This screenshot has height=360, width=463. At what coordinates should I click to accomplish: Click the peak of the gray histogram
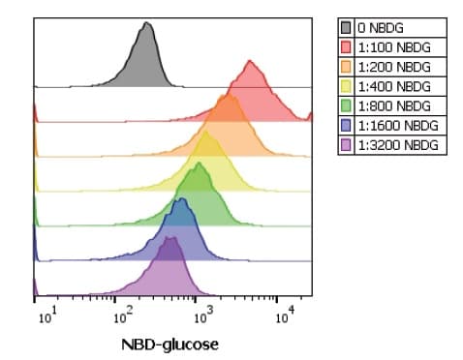coord(146,25)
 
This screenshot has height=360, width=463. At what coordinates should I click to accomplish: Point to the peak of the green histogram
coord(199,165)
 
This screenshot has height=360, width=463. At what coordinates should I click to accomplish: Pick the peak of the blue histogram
coord(181,200)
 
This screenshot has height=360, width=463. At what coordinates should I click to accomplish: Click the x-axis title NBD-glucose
coord(170,344)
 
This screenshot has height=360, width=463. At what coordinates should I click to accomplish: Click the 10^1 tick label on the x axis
coord(46,315)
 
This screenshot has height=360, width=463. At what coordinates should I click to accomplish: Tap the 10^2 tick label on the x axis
coord(123,315)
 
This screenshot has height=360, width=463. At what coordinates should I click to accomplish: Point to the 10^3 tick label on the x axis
coord(201,315)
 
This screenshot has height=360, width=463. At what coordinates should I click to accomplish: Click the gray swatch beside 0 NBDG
coord(348,29)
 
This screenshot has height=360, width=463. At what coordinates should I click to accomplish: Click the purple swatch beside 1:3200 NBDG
coord(348,145)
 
